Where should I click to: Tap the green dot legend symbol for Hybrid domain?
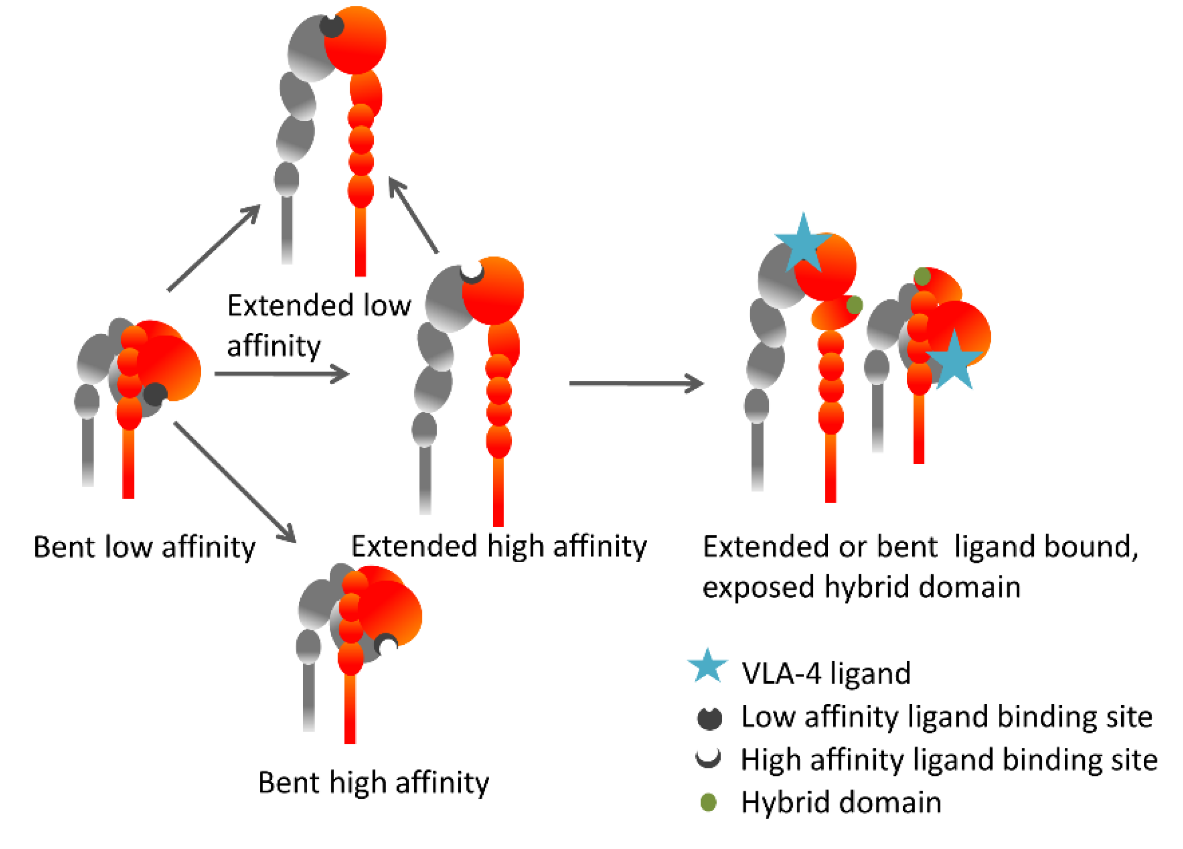coord(709,802)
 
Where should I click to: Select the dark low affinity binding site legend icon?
coord(710,718)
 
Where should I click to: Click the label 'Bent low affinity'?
coord(144,547)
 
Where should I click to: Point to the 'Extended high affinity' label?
coord(499,546)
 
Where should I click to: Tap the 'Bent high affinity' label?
coord(373,782)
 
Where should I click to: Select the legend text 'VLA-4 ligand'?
coord(826,673)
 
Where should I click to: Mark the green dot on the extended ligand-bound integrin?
coord(854,305)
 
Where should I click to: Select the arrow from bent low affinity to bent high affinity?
coord(234,482)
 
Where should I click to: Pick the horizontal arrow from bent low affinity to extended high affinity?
coord(281,373)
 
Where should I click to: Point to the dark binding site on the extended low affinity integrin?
coord(332,26)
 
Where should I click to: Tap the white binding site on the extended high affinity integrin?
coord(472,271)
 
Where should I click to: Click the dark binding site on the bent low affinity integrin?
coord(155,395)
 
